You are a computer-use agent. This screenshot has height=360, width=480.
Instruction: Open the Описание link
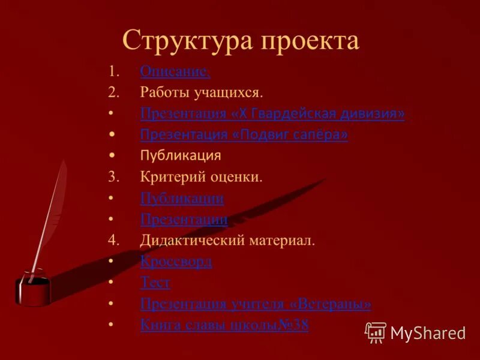pos(175,72)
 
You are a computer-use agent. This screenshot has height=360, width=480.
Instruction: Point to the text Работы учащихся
pos(202,92)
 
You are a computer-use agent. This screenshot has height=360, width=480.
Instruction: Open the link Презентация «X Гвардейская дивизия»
pos(272,113)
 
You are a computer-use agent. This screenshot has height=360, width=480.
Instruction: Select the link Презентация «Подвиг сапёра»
pos(244,134)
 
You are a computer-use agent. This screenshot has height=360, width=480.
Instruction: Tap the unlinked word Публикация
pos(181,156)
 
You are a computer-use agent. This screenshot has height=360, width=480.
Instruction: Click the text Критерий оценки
pos(202,177)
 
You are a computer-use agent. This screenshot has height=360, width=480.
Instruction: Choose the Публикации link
pos(182,198)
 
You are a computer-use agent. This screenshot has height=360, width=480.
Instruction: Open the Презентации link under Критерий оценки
pos(184,220)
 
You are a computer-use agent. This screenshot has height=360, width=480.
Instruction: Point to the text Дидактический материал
pos(227,241)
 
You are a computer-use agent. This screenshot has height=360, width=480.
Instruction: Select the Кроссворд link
pos(176,262)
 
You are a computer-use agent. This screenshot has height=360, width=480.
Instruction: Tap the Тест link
pos(155,283)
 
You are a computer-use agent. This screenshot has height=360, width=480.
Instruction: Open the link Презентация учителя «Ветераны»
pos(256,304)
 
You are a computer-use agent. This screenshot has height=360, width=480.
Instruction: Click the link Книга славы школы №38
pos(224,325)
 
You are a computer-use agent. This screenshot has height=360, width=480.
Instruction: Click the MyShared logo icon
pos(376,332)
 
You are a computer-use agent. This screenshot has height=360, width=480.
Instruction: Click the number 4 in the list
pos(113,241)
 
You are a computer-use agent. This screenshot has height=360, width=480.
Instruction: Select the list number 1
pos(113,72)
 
